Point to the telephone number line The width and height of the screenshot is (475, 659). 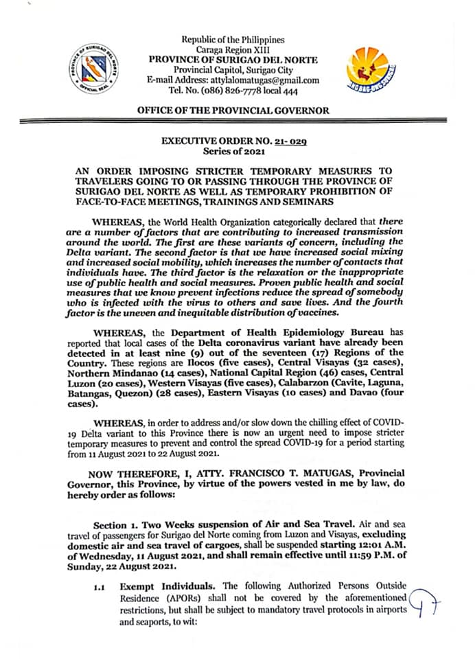[x=233, y=91]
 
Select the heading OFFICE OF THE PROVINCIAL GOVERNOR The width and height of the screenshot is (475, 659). [x=233, y=110]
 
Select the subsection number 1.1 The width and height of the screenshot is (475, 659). [x=102, y=588]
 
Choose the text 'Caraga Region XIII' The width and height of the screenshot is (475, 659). [x=233, y=50]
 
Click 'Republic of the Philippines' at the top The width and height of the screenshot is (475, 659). [x=233, y=41]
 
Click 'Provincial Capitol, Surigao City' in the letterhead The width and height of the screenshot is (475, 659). [x=233, y=70]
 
